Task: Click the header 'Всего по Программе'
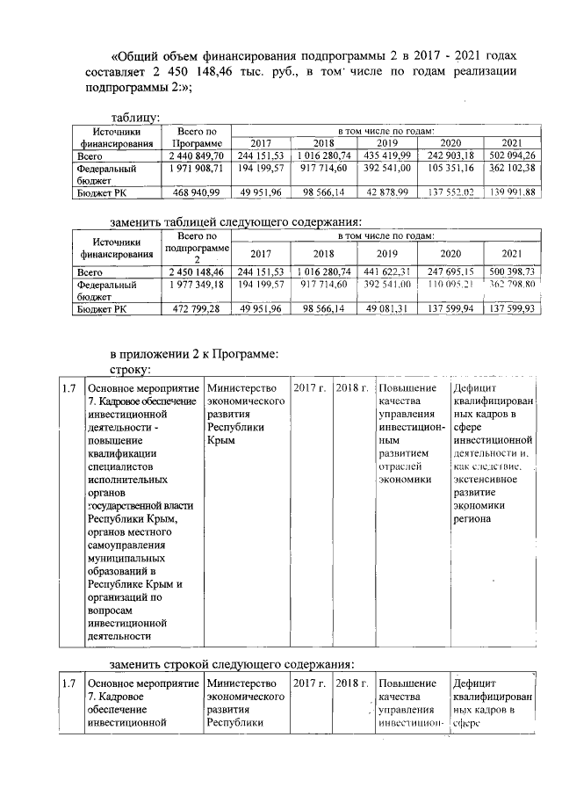coord(198,136)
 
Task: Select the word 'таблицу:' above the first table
coord(134,117)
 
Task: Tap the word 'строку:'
coord(130,370)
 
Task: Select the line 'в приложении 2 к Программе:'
coord(194,354)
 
